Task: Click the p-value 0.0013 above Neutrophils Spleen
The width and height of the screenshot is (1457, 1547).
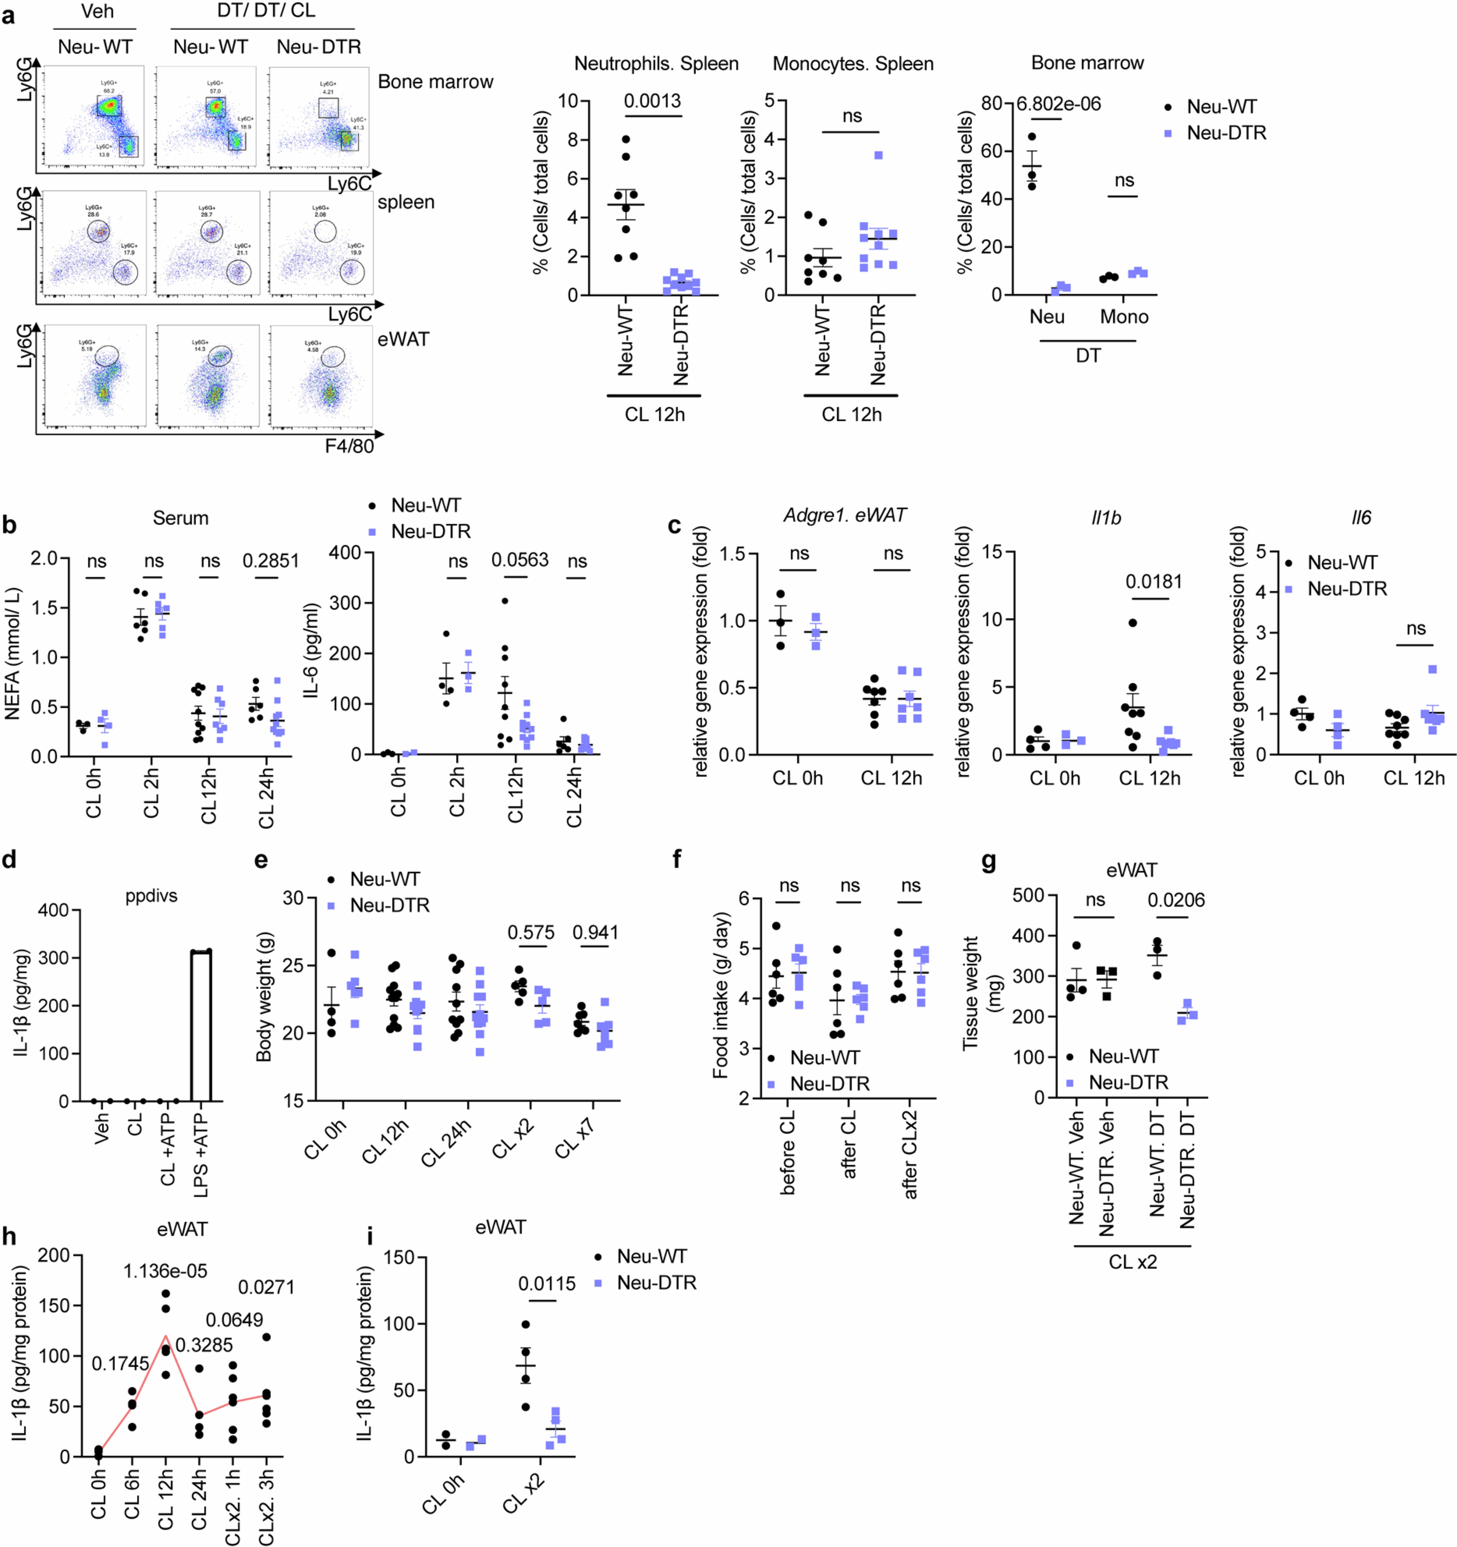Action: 652,101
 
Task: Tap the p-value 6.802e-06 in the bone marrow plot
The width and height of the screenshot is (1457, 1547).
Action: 1058,104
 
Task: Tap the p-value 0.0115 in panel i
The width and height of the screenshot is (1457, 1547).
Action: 547,1284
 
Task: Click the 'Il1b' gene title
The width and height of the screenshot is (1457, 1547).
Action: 1106,518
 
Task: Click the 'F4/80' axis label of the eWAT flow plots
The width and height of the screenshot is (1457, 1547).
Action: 349,446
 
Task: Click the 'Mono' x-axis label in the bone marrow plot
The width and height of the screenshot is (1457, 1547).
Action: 1124,317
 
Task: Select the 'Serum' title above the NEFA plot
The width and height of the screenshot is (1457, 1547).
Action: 181,518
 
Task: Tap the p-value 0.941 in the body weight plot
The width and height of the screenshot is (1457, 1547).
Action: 595,932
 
